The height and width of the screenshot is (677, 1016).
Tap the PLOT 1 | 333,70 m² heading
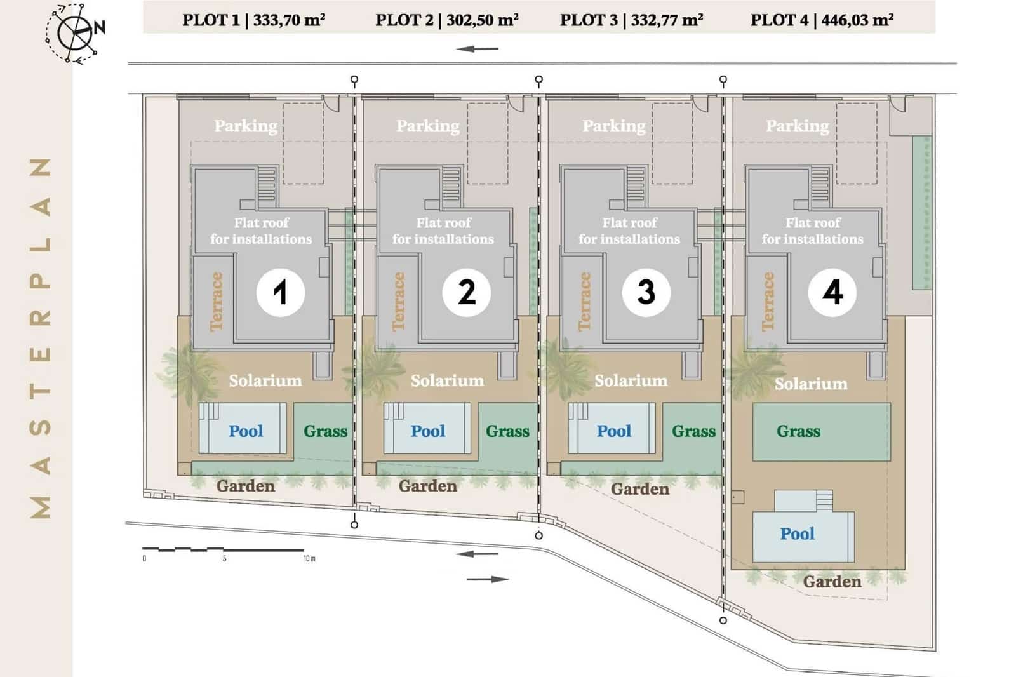[253, 20]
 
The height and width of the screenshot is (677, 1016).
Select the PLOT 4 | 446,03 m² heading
[822, 20]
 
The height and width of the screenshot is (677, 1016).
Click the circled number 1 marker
[280, 292]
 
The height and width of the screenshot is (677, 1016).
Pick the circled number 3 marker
[646, 292]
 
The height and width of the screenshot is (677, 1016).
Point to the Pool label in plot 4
[797, 533]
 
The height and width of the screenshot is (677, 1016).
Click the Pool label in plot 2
[428, 431]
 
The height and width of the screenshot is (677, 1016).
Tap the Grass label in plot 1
[325, 431]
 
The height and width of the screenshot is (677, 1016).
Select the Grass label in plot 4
[798, 432]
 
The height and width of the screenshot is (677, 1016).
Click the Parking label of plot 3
[614, 126]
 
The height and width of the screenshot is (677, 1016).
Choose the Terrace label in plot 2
[399, 301]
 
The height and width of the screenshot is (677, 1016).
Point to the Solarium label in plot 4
[811, 384]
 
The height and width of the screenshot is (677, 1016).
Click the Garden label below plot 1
[246, 486]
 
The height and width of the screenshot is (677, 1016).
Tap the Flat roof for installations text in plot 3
[629, 231]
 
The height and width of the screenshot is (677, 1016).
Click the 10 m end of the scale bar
[304, 550]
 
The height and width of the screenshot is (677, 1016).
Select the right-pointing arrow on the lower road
[488, 579]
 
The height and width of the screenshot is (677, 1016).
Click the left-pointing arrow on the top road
[477, 49]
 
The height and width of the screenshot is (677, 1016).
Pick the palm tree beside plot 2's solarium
[379, 369]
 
